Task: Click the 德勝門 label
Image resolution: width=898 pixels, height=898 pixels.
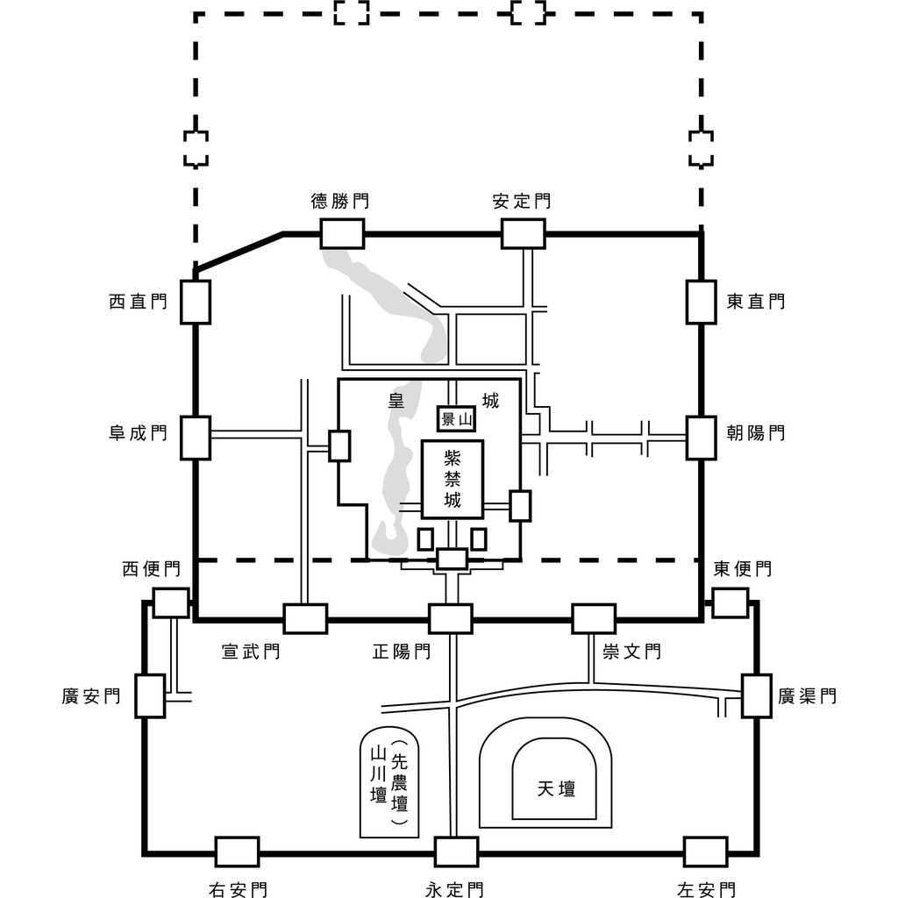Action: [339, 201]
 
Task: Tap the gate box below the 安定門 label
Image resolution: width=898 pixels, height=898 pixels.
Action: [523, 234]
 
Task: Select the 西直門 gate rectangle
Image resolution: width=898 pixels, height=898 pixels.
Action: [195, 302]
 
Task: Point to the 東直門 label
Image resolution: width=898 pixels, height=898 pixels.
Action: [755, 302]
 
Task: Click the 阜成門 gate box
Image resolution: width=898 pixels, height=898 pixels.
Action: [195, 438]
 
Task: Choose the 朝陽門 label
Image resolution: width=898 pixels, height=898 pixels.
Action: [755, 432]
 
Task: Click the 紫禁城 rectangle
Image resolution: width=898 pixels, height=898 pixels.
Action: [453, 479]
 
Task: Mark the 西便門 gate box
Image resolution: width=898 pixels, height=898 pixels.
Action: [171, 602]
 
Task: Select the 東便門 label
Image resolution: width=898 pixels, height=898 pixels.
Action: [742, 569]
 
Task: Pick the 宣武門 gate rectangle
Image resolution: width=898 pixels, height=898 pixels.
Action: [305, 618]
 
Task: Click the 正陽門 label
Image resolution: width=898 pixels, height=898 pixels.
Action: [401, 652]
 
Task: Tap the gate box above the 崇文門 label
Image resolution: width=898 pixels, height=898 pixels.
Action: [594, 618]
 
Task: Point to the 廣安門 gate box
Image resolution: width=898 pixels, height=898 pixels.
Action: [150, 695]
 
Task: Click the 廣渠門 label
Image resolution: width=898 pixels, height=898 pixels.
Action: [807, 695]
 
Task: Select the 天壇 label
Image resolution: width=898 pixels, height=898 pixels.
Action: [556, 788]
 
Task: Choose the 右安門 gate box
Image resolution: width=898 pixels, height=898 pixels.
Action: [237, 851]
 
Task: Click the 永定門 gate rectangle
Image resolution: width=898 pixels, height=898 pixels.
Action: [456, 851]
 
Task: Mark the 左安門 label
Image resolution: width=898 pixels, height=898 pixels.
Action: [706, 890]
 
